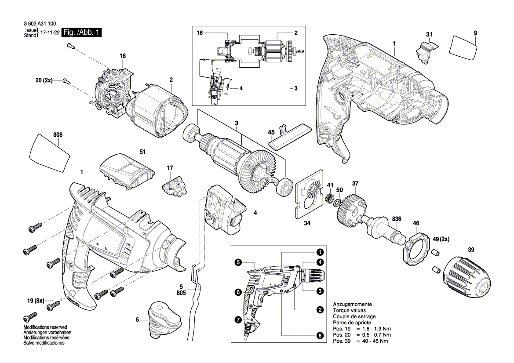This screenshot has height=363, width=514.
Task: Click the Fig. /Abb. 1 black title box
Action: click(82, 33)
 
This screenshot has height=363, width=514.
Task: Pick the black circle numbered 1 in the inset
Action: click(320, 252)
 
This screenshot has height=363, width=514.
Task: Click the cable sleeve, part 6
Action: click(165, 318)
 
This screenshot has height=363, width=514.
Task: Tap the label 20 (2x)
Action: click(44, 80)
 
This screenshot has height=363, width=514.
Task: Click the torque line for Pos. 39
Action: click(361, 341)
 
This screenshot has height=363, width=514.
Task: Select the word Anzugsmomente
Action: click(353, 304)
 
